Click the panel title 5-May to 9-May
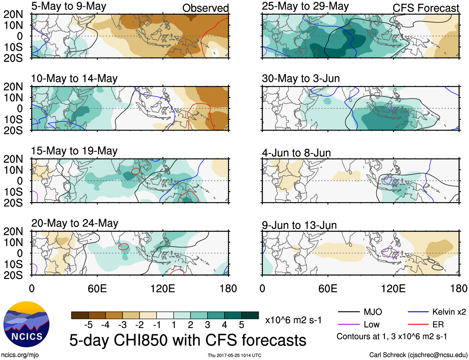tap(69, 6)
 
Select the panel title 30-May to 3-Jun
tap(301, 78)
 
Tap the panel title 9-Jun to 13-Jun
tap(299, 225)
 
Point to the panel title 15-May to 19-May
tap(74, 151)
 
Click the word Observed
tap(205, 8)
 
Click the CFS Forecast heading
tap(426, 8)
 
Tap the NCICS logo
tap(26, 324)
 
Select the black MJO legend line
tap(348, 312)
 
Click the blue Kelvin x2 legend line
tap(418, 312)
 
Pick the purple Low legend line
tap(348, 325)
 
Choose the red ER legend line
tap(418, 325)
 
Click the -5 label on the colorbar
tap(88, 325)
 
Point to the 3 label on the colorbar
tap(207, 325)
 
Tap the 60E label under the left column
tap(97, 288)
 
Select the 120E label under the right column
tap(393, 288)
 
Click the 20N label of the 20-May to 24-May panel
tap(13, 231)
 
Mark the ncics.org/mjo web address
tap(20, 355)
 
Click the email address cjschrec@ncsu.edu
tap(437, 355)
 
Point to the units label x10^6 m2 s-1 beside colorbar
tap(293, 320)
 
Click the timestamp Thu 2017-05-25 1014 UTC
tap(234, 355)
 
